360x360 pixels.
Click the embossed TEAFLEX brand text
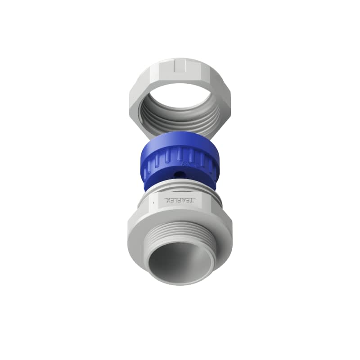pos(180,201)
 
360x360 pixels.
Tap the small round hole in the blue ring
pos(182,172)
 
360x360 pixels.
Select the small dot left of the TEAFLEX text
pos(154,203)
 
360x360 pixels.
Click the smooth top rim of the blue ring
pos(180,137)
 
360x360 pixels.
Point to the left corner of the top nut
pos(130,106)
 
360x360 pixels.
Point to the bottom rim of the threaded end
pos(180,283)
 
